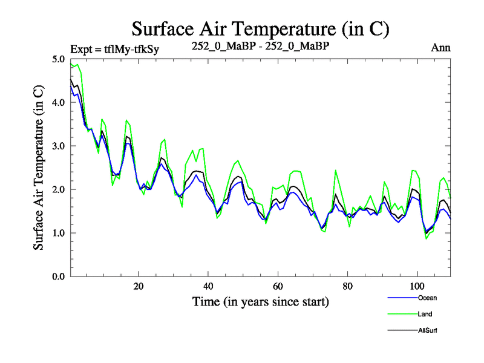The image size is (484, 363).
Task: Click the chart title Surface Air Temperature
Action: (260, 28)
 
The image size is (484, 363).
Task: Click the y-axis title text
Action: (39, 168)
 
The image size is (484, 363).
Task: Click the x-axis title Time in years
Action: (260, 301)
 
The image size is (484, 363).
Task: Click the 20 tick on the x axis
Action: (139, 286)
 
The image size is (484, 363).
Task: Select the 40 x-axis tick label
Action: (208, 286)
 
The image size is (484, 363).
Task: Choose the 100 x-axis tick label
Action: (417, 286)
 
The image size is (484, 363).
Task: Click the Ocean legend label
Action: (427, 298)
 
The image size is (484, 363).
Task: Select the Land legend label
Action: (425, 314)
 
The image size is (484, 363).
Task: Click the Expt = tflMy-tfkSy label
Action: (115, 49)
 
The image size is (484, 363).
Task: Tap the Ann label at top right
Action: (440, 47)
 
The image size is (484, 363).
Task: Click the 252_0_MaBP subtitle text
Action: (260, 46)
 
